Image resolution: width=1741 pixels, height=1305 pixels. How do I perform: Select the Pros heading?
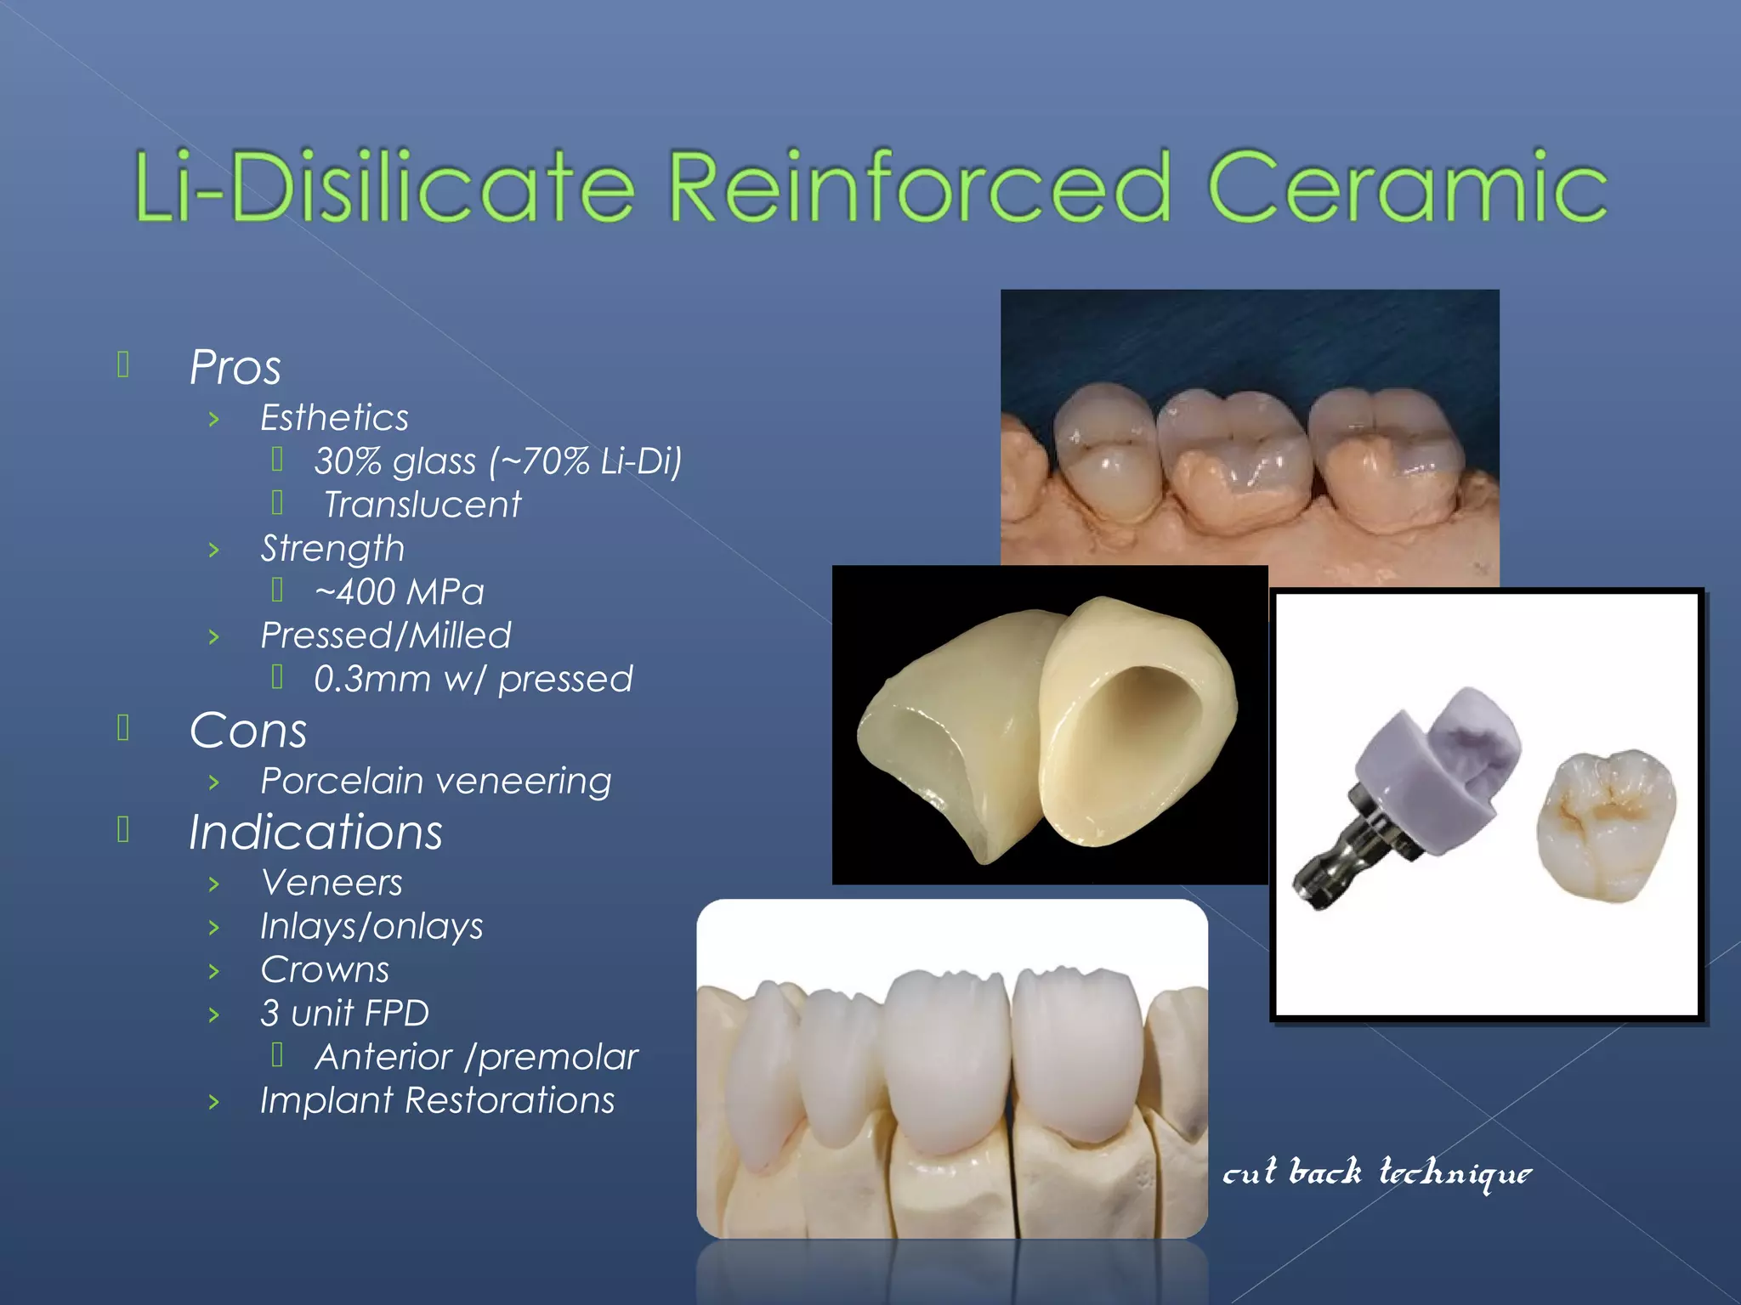tap(235, 368)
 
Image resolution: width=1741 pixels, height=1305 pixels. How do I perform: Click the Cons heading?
tap(247, 732)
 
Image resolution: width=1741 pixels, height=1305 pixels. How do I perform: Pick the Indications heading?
tap(315, 833)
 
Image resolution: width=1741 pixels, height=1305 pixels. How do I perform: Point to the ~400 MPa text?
tap(399, 592)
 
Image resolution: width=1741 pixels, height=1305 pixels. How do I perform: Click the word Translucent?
tap(422, 506)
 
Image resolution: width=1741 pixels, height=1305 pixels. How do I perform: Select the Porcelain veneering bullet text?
tap(435, 782)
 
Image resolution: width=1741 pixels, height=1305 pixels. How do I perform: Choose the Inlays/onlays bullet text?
tap(371, 927)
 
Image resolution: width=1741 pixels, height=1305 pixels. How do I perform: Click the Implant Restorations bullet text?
tap(437, 1101)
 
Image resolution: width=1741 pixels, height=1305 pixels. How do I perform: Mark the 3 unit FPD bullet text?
tap(344, 1014)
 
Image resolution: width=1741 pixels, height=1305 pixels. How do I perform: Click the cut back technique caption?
tap(1376, 1173)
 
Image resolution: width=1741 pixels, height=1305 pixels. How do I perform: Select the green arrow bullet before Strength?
tap(214, 551)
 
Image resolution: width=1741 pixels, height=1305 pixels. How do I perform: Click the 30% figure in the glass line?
tap(349, 462)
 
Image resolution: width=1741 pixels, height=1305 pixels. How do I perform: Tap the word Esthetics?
tap(334, 418)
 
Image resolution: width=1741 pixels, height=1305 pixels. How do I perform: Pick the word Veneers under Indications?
tap(332, 884)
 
